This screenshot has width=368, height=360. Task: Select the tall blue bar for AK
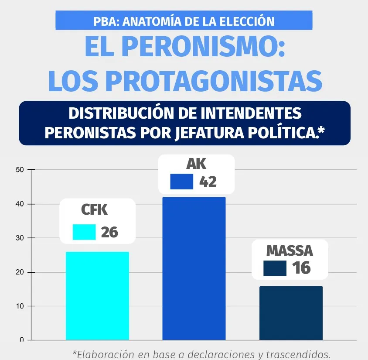tap(194, 268)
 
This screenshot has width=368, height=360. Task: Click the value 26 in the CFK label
tap(109, 232)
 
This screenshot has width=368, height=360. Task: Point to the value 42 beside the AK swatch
tap(208, 182)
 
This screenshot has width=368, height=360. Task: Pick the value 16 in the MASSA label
tap(301, 268)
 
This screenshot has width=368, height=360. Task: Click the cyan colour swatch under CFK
tap(84, 232)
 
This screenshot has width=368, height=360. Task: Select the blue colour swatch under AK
tap(181, 182)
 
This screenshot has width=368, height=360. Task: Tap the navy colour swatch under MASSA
tap(275, 268)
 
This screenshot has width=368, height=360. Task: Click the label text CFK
tap(94, 210)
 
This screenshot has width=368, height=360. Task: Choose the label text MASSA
tap(290, 251)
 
